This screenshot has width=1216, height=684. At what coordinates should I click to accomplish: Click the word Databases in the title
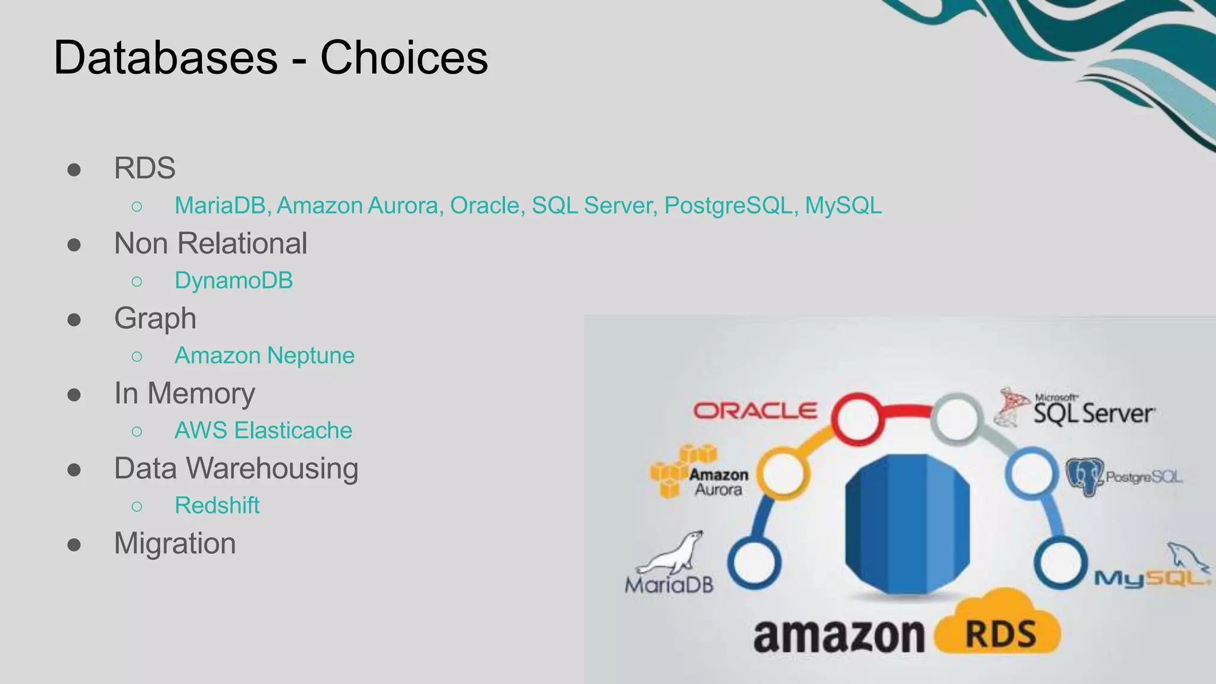point(166,58)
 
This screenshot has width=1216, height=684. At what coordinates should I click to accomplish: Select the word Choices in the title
point(404,58)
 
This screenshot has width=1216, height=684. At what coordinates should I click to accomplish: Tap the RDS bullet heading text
point(145,168)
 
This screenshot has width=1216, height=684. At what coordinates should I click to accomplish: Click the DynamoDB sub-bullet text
point(233,281)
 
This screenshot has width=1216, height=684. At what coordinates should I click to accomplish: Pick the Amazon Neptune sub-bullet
point(264,356)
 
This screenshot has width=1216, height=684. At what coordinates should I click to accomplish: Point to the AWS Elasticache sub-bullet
point(263,430)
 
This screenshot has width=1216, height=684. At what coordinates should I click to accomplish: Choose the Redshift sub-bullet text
point(217,506)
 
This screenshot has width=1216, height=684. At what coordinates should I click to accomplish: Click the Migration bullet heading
point(175,543)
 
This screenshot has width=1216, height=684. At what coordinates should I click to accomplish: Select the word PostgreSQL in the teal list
point(728,205)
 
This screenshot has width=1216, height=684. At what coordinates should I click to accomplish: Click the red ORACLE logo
point(755,411)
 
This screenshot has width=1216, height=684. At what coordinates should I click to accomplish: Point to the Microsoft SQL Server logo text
point(1094,412)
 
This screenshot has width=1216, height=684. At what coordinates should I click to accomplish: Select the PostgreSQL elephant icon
point(1084,476)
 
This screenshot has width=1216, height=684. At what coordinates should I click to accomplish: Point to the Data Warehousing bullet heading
point(236,468)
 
